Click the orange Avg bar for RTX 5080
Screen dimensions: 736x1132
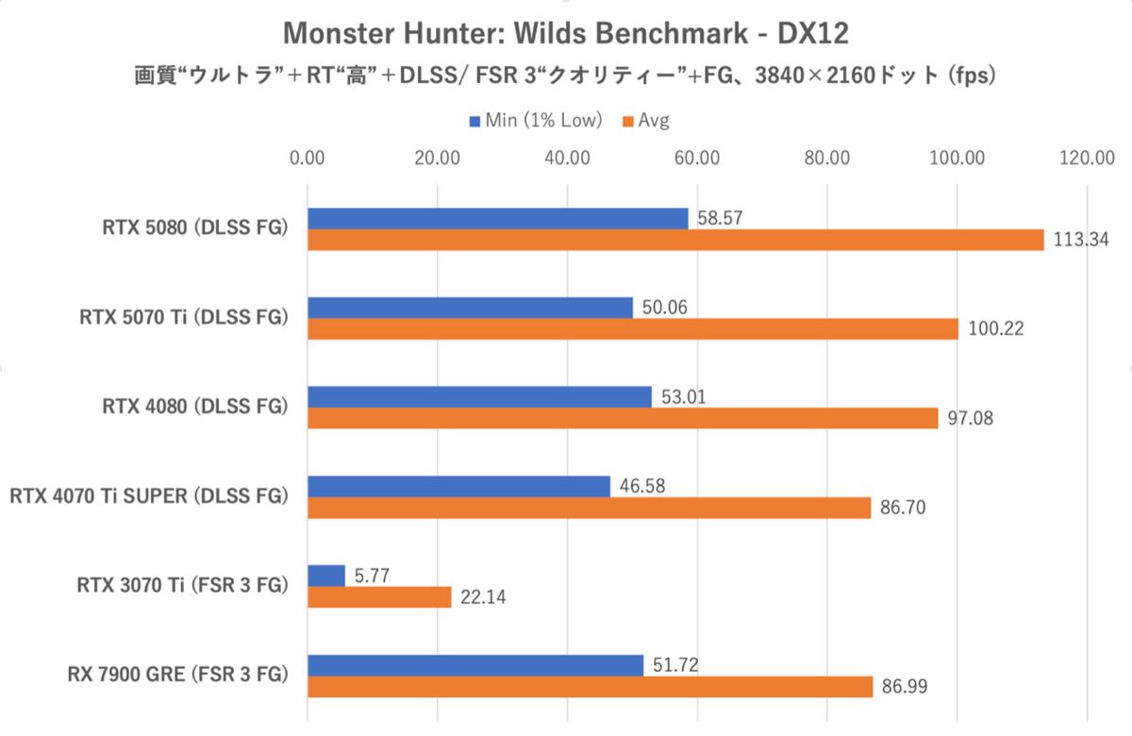click(x=674, y=240)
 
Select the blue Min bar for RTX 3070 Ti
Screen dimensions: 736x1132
click(x=326, y=576)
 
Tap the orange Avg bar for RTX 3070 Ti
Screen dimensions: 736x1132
click(x=379, y=597)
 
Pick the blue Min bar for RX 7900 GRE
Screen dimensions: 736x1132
click(x=475, y=665)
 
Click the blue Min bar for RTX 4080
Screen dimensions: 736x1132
click(x=479, y=396)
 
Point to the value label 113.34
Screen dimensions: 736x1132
click(x=1076, y=240)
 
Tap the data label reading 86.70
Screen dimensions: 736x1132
click(x=903, y=509)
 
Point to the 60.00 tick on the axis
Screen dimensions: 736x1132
click(x=697, y=158)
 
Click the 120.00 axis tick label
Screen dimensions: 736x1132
click(x=1087, y=158)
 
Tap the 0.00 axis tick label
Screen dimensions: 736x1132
click(x=308, y=158)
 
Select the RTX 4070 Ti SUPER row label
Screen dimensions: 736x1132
click(x=147, y=496)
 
